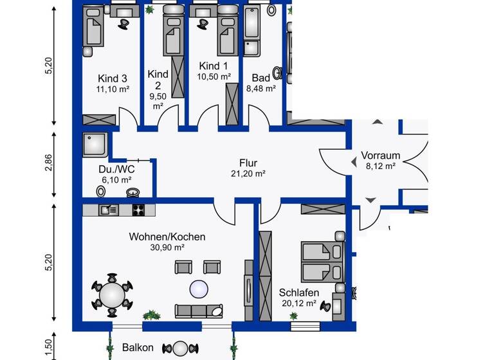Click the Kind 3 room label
[113, 78]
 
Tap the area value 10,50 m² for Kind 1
[214, 76]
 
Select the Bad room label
[261, 78]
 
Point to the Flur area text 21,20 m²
[248, 174]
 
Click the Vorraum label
[381, 156]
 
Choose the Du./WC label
[116, 170]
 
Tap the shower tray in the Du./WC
[95, 145]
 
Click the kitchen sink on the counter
[109, 210]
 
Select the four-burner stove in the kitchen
[139, 210]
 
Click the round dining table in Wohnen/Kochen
[112, 296]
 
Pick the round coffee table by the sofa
[199, 289]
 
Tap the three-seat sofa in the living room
[199, 311]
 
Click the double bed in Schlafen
[322, 262]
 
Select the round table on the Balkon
[181, 348]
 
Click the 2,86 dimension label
[49, 163]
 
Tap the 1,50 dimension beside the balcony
[49, 349]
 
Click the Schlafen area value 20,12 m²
[299, 303]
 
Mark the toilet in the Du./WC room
[101, 192]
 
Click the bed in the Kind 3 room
[93, 27]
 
